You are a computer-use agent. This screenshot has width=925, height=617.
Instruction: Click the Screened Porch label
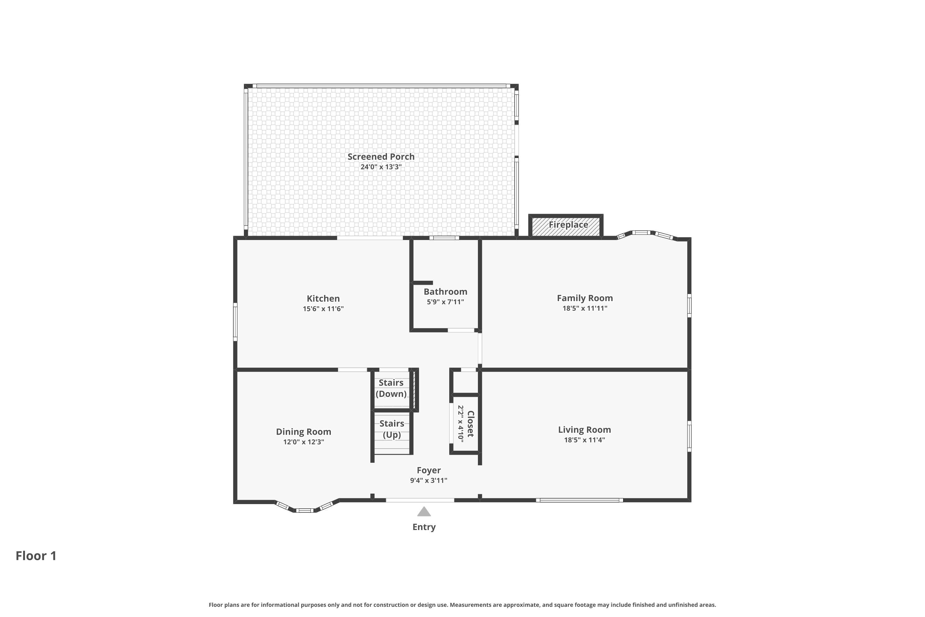pos(381,157)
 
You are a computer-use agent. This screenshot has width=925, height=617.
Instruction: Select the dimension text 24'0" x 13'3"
pos(381,167)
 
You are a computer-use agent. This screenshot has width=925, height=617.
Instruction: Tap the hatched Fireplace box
pos(565,226)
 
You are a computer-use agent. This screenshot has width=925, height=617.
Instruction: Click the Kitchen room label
pos(323,299)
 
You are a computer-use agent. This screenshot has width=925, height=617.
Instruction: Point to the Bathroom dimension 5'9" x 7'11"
pos(445,302)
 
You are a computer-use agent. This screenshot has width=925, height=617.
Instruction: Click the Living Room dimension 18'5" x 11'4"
pos(584,440)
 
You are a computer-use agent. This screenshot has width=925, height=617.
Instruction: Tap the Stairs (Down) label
pos(391,388)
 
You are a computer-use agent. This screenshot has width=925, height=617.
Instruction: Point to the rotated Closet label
pos(471,424)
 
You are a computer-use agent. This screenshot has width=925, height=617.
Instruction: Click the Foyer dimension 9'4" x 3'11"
pos(428,480)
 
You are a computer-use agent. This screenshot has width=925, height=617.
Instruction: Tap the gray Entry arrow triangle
pos(424,512)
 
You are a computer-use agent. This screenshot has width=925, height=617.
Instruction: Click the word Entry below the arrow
pos(424,527)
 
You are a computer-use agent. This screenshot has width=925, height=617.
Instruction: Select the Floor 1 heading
pos(36,556)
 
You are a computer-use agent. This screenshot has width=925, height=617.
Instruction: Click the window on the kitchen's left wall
pos(235,321)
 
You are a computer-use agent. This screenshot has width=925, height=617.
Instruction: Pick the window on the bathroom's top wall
pos(444,238)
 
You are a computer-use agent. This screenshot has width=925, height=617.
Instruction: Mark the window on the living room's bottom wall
pos(579,500)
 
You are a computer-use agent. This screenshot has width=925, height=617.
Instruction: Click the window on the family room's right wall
pos(689,305)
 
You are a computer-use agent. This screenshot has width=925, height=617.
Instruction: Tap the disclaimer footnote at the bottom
pos(462,605)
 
